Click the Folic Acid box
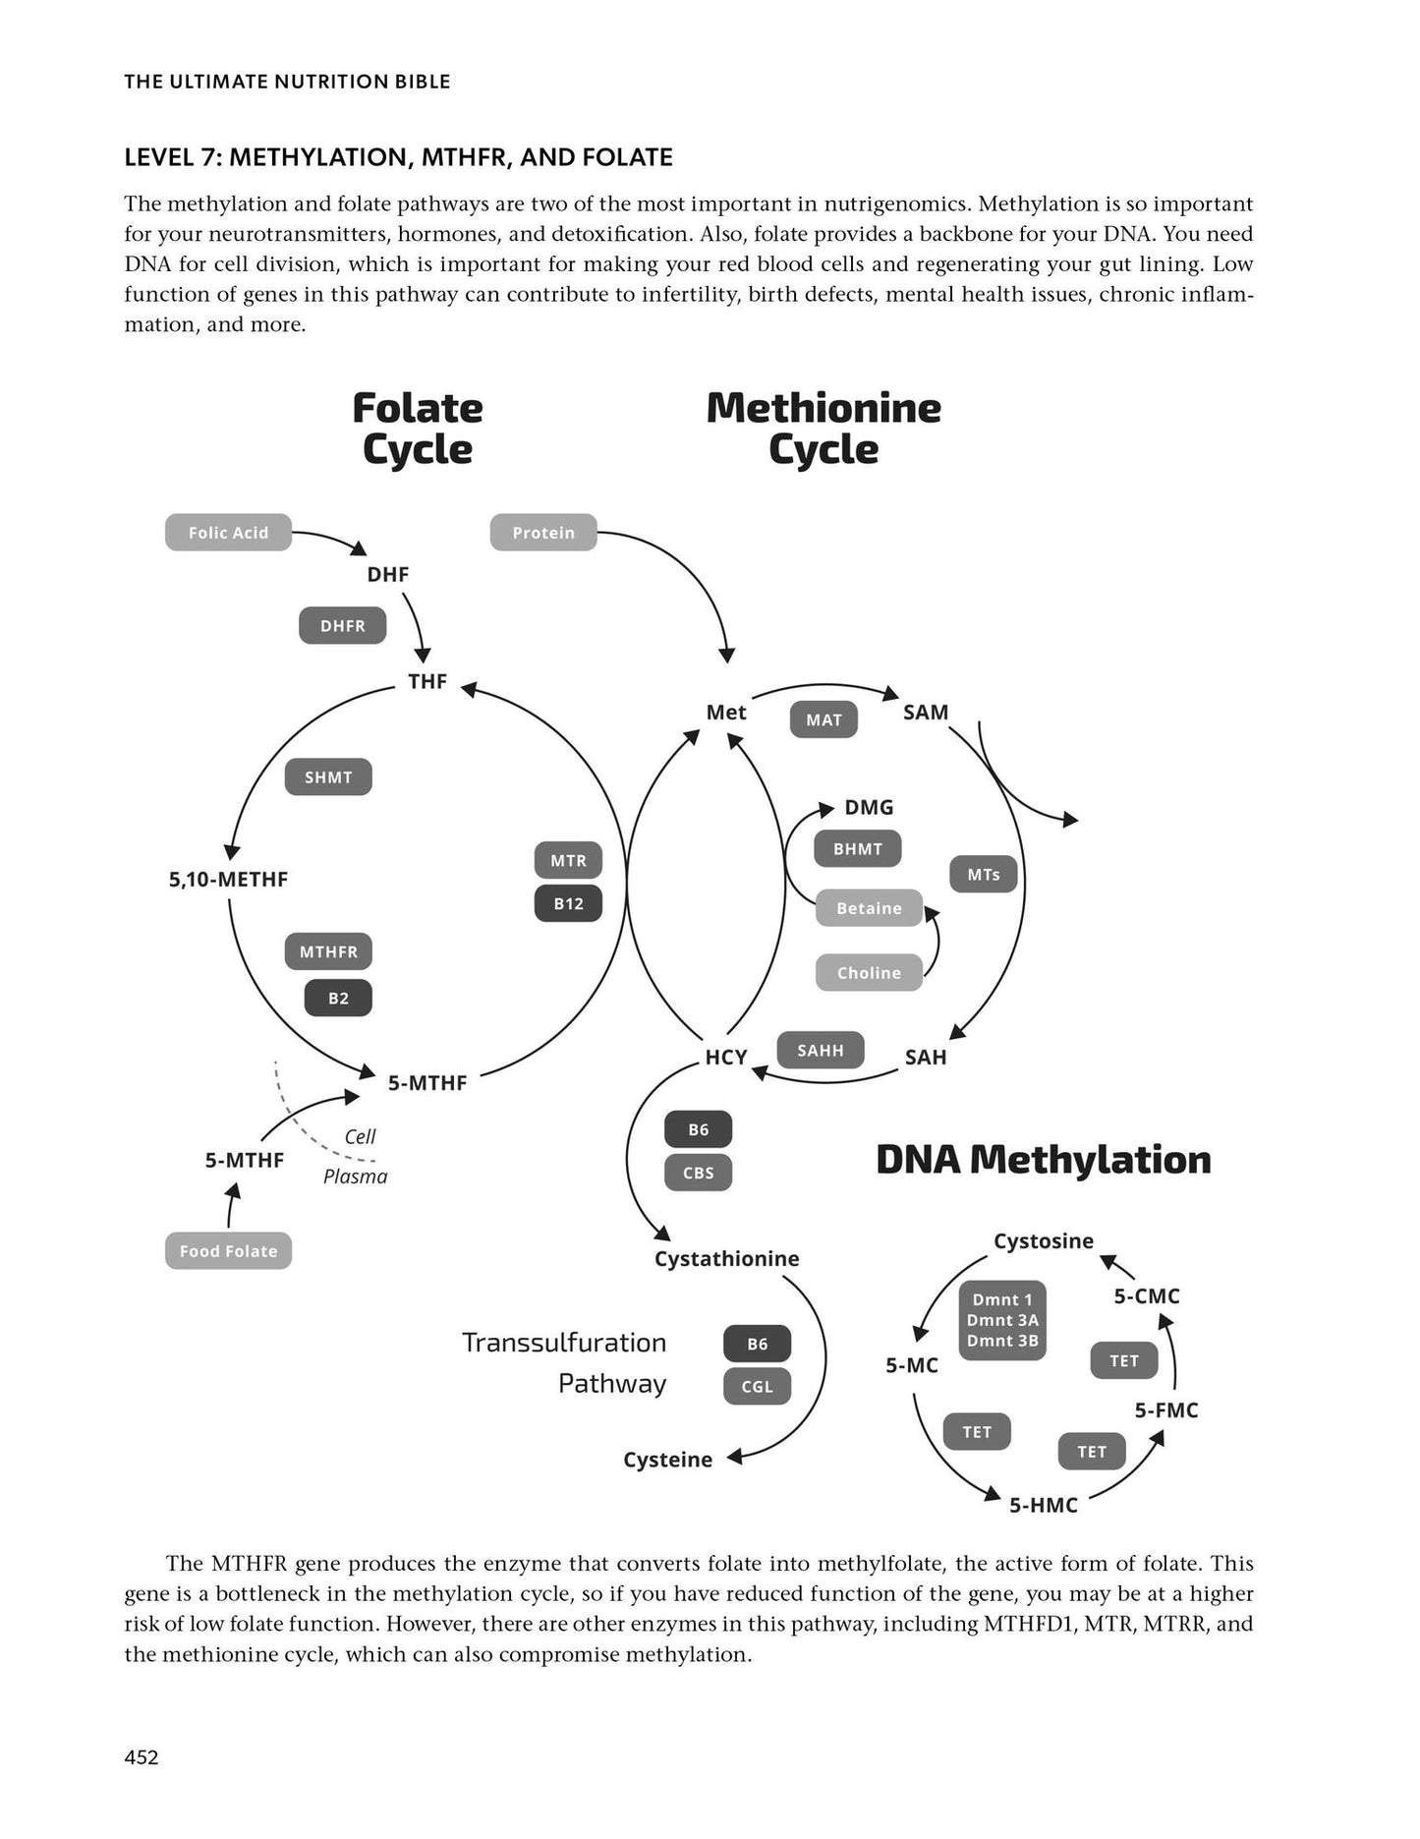pos(228,533)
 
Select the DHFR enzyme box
pos(343,626)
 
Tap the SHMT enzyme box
pos(328,777)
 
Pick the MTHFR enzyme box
pos(328,951)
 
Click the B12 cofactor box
pos(568,903)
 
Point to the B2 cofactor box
pos(338,998)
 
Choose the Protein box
pos(543,533)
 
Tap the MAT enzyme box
pos(824,719)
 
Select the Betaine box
pos(869,908)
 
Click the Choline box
pos(869,973)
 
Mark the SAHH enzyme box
pos(821,1050)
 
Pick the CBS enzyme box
pos(699,1173)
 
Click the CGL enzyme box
pos(757,1387)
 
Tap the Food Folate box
pos(228,1251)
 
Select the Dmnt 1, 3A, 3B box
pos(1002,1320)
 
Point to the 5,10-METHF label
pos(228,880)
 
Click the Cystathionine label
pos(726,1259)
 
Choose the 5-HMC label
pos(1044,1505)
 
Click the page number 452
pos(142,1757)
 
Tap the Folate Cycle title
pos(418,429)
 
